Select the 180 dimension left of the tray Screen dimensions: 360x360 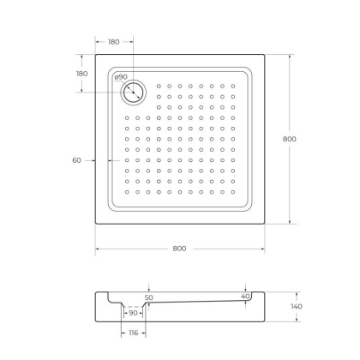pos(81,74)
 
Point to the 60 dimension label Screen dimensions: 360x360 pos(76,160)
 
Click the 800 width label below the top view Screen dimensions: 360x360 pos(179,249)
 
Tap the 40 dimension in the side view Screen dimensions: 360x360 pos(246,297)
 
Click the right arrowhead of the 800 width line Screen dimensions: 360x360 pos(266,249)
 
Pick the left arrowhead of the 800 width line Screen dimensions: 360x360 pos(96,249)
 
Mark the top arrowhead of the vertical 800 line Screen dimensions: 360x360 pos(289,57)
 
